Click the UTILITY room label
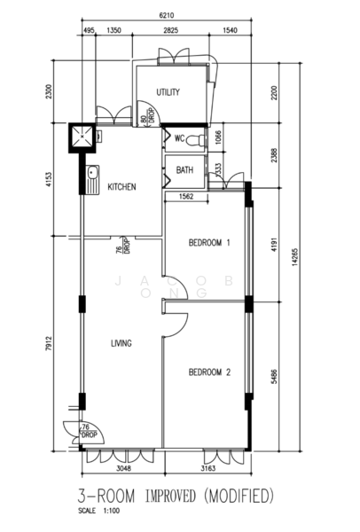tap(168, 93)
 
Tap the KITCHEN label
tap(121, 187)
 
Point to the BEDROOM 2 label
tap(210, 373)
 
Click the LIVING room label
tap(121, 344)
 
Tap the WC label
tap(178, 138)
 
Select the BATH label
tap(184, 170)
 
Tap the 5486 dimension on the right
tap(275, 376)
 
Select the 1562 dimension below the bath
tap(187, 197)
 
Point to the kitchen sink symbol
tap(91, 178)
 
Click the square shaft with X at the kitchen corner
tap(83, 137)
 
